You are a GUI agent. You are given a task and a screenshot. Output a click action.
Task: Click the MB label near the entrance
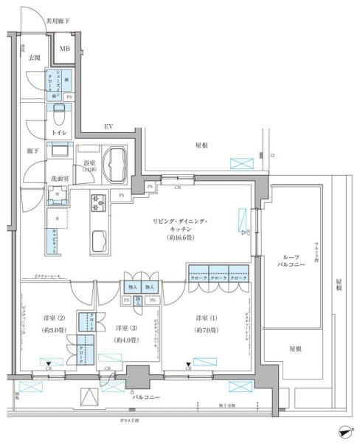[66, 52]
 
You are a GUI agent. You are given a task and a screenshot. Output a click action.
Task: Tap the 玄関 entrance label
[34, 57]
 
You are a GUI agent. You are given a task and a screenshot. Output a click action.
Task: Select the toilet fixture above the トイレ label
[60, 115]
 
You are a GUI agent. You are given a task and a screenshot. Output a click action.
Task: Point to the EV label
[108, 127]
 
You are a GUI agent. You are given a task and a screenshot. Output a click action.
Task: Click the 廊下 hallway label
[32, 150]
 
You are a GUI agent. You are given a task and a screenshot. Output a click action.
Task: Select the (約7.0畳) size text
[207, 330]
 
